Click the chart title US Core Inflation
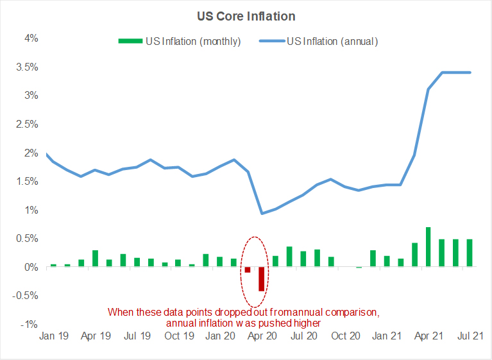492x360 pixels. pyautogui.click(x=246, y=16)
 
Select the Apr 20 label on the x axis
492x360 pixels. pyautogui.click(x=261, y=336)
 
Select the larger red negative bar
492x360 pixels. pyautogui.click(x=262, y=279)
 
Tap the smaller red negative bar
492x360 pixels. pyautogui.click(x=248, y=270)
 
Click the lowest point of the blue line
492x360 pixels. pyautogui.click(x=262, y=214)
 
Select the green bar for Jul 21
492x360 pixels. pyautogui.click(x=470, y=253)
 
